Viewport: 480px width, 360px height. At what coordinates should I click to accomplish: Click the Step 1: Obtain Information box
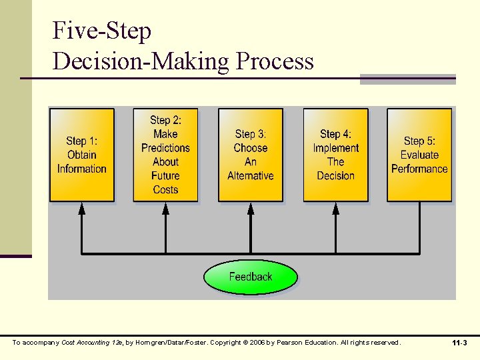(x=81, y=155)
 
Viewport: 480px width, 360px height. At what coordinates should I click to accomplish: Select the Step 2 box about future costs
(x=165, y=155)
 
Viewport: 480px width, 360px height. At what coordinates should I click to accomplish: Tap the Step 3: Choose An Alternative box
(x=250, y=155)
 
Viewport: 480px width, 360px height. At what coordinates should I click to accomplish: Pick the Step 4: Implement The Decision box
(x=335, y=155)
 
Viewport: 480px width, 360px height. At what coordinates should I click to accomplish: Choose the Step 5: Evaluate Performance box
(x=419, y=155)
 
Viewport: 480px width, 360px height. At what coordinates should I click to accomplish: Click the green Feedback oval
(x=250, y=277)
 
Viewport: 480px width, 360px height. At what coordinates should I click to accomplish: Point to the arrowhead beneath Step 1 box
(x=81, y=207)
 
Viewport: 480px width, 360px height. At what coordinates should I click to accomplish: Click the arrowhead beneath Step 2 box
(x=165, y=207)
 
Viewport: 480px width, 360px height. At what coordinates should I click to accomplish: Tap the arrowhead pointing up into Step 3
(x=251, y=207)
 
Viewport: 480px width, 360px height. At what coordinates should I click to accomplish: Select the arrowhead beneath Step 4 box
(x=335, y=207)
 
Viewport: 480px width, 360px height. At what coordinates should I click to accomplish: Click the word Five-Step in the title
(x=102, y=31)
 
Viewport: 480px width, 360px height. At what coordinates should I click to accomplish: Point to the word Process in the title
(x=274, y=61)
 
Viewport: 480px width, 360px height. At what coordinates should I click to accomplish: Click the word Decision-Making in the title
(x=140, y=61)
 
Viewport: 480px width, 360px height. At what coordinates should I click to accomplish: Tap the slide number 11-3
(x=459, y=343)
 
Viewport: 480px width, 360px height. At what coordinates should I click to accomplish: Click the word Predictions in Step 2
(x=165, y=148)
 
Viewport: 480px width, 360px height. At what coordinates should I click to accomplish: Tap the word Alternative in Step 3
(x=250, y=176)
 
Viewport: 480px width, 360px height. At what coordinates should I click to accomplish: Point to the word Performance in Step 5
(x=419, y=169)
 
